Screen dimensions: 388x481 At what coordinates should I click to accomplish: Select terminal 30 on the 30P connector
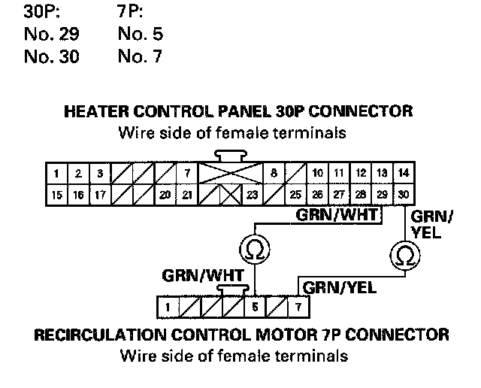tap(404, 193)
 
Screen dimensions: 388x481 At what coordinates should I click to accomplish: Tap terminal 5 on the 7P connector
tap(255, 307)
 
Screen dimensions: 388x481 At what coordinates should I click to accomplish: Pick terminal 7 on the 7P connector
tap(298, 307)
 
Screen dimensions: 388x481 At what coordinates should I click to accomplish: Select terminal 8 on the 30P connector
tap(274, 173)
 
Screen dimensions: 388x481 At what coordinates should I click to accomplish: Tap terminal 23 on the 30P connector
tap(252, 193)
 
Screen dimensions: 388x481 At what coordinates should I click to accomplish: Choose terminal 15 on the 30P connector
tap(57, 193)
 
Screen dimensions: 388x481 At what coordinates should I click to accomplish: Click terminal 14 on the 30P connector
tap(404, 173)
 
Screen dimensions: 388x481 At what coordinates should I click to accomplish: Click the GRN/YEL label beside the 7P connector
tap(334, 286)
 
